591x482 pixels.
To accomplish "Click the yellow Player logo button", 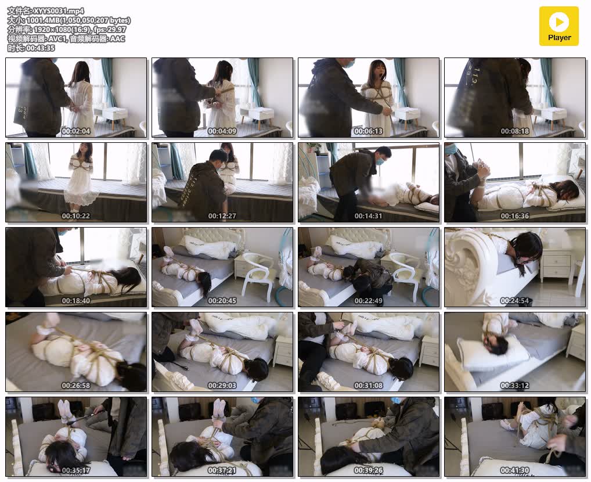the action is pos(558,26).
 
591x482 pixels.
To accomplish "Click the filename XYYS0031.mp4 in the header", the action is pos(59,11).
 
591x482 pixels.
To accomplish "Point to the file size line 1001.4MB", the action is pos(69,20).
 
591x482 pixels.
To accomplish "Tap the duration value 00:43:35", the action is pos(40,48).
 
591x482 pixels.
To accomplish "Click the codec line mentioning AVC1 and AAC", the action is pos(66,38).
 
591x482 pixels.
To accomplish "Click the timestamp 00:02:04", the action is pos(76,131).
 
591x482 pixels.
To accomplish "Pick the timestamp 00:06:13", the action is pos(369,131).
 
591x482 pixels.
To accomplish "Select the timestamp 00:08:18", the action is pos(515,131).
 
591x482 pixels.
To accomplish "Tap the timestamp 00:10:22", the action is pos(76,216).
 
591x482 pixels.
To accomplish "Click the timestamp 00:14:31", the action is pos(369,216).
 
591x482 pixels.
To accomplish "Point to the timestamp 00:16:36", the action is pos(515,216).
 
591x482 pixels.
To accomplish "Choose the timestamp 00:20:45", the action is pos(222,301).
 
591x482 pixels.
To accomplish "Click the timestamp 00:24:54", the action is pos(515,301).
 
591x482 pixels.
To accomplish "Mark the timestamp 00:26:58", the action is pos(76,386).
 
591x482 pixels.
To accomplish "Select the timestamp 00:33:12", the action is pos(515,386).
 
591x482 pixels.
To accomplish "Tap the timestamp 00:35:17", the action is pos(76,471).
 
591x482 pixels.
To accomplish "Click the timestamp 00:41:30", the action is pos(515,471).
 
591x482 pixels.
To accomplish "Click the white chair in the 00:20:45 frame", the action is pos(258,276).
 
